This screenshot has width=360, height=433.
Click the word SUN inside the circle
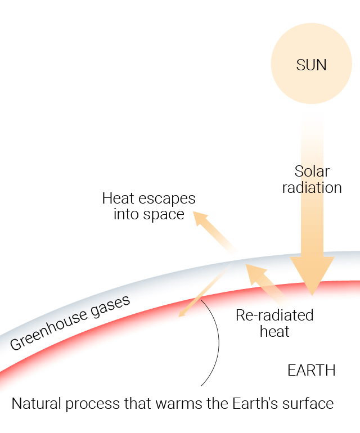(x=311, y=65)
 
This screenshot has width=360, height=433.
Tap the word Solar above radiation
(x=312, y=172)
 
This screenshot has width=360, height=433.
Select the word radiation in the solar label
(x=312, y=188)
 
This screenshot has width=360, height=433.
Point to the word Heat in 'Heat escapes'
(x=118, y=199)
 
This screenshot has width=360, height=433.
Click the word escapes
(x=167, y=200)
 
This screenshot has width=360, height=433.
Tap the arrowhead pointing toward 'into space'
(x=200, y=219)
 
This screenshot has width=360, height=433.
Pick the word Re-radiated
(x=274, y=315)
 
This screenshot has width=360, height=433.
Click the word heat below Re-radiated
(x=274, y=331)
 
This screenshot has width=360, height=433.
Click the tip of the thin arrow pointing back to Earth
(x=179, y=317)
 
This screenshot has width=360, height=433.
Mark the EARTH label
(x=312, y=371)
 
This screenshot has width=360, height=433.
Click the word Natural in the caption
(x=36, y=403)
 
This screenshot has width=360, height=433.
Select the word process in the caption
(x=93, y=405)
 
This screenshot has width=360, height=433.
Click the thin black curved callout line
(x=219, y=342)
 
